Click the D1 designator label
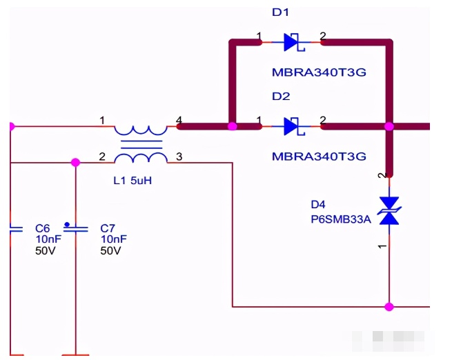tap(280, 12)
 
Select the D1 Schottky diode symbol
tap(294, 42)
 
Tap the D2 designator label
tap(281, 96)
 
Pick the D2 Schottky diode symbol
tap(294, 126)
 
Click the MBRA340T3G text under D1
tap(319, 72)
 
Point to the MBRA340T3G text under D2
tap(319, 157)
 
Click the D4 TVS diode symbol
tap(389, 211)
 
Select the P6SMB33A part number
tap(341, 219)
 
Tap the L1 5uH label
tap(132, 181)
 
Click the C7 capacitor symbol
tap(75, 229)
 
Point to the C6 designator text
tap(42, 228)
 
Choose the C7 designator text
tap(108, 228)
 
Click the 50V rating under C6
tap(45, 250)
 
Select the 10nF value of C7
tap(114, 239)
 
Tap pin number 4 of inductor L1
tap(179, 120)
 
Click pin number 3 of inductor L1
tap(179, 157)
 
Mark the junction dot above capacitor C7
tap(75, 163)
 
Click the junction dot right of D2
tap(389, 126)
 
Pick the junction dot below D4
tap(389, 307)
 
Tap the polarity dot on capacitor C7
tap(67, 224)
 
